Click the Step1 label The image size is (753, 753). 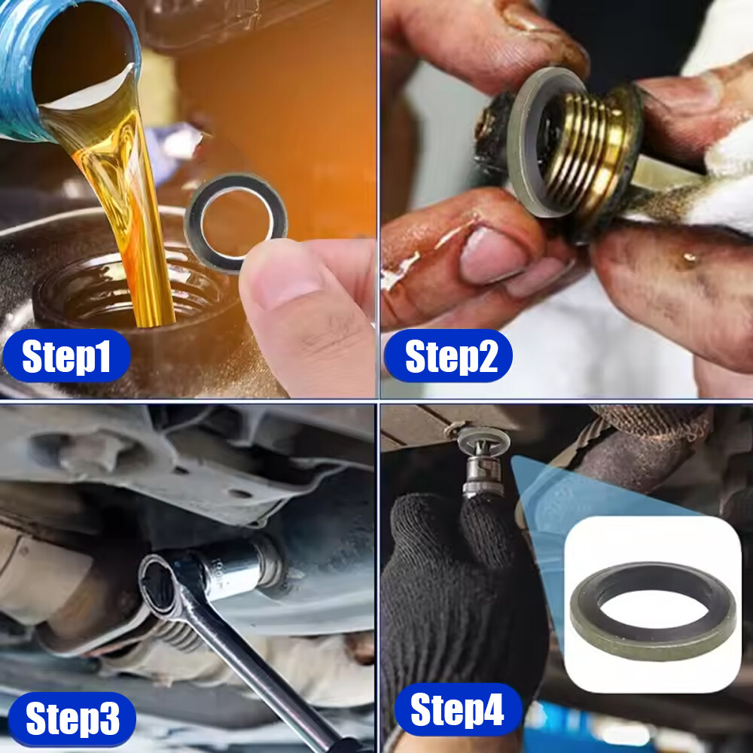pyautogui.click(x=66, y=356)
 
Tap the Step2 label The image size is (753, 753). pyautogui.click(x=449, y=356)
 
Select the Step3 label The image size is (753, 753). pyautogui.click(x=72, y=718)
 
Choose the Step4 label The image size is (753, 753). pyautogui.click(x=458, y=709)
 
